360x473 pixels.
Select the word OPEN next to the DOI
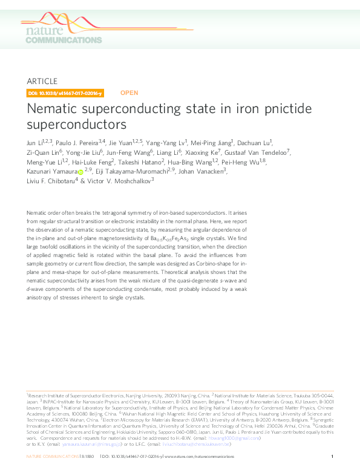(x=129, y=93)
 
